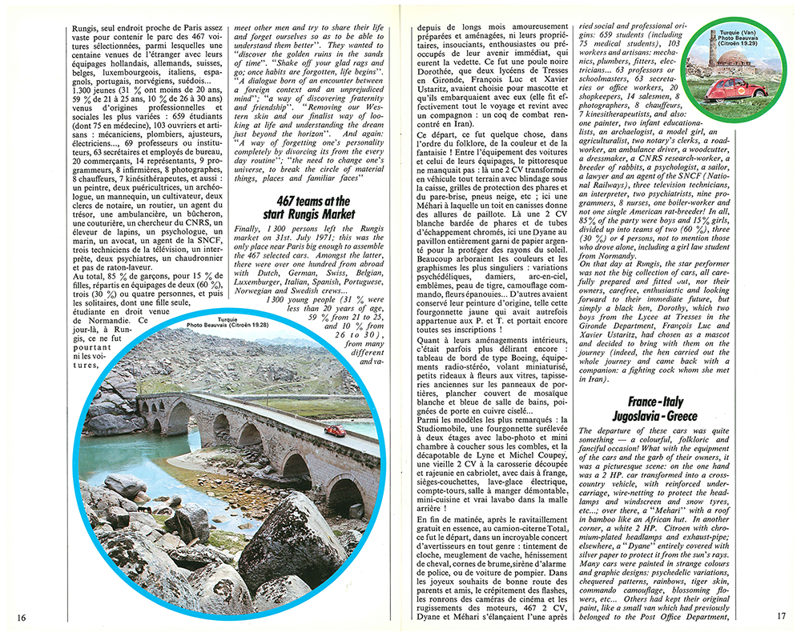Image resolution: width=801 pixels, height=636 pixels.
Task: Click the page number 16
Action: pyautogui.click(x=21, y=617)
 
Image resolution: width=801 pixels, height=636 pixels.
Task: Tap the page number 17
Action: pyautogui.click(x=782, y=617)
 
